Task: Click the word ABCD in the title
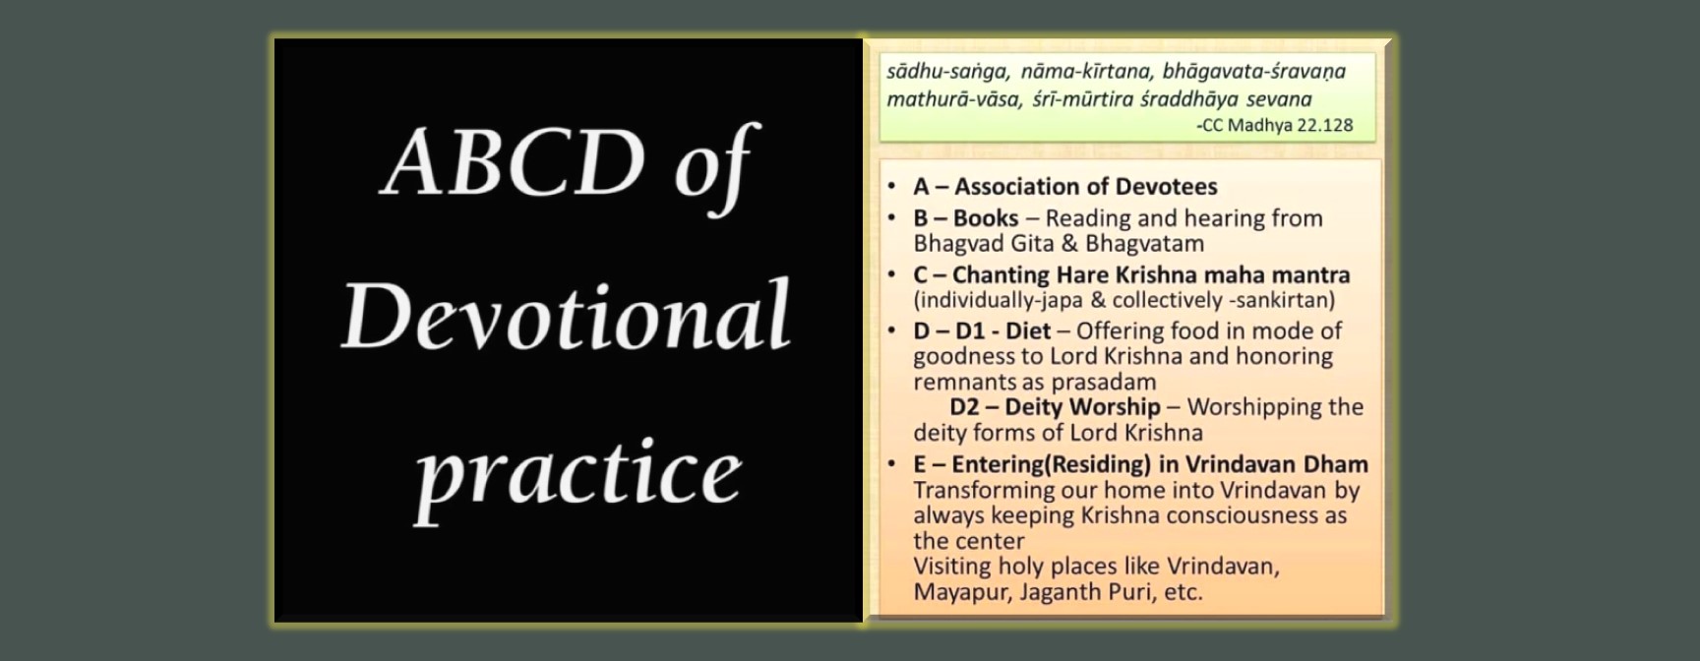coord(515,162)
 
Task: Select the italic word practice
coord(577,475)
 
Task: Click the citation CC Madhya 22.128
coord(1277,125)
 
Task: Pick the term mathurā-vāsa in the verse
coord(954,99)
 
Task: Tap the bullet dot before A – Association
coord(891,186)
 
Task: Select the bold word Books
coord(986,217)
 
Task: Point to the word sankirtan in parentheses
coord(1285,300)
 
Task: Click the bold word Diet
coord(1028,330)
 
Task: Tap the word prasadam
coord(1107,383)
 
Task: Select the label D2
coord(964,407)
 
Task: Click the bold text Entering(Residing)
coord(1051,464)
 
